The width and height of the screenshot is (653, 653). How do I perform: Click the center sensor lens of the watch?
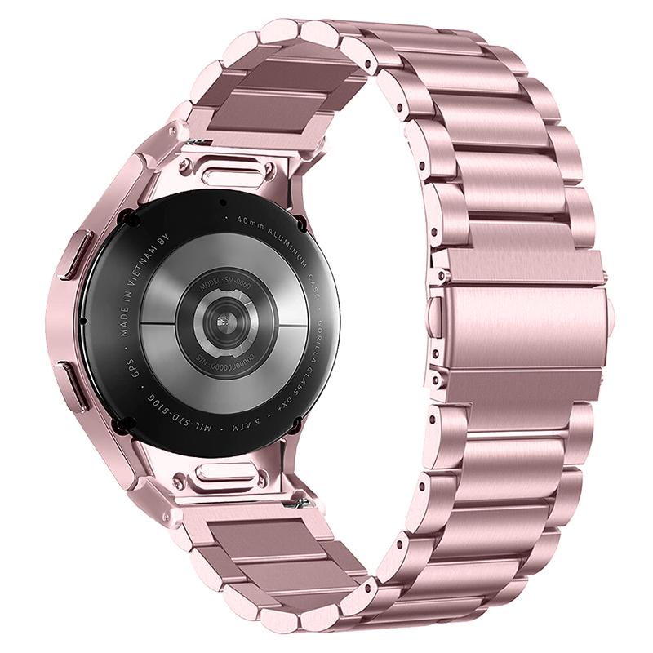[x=221, y=320]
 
